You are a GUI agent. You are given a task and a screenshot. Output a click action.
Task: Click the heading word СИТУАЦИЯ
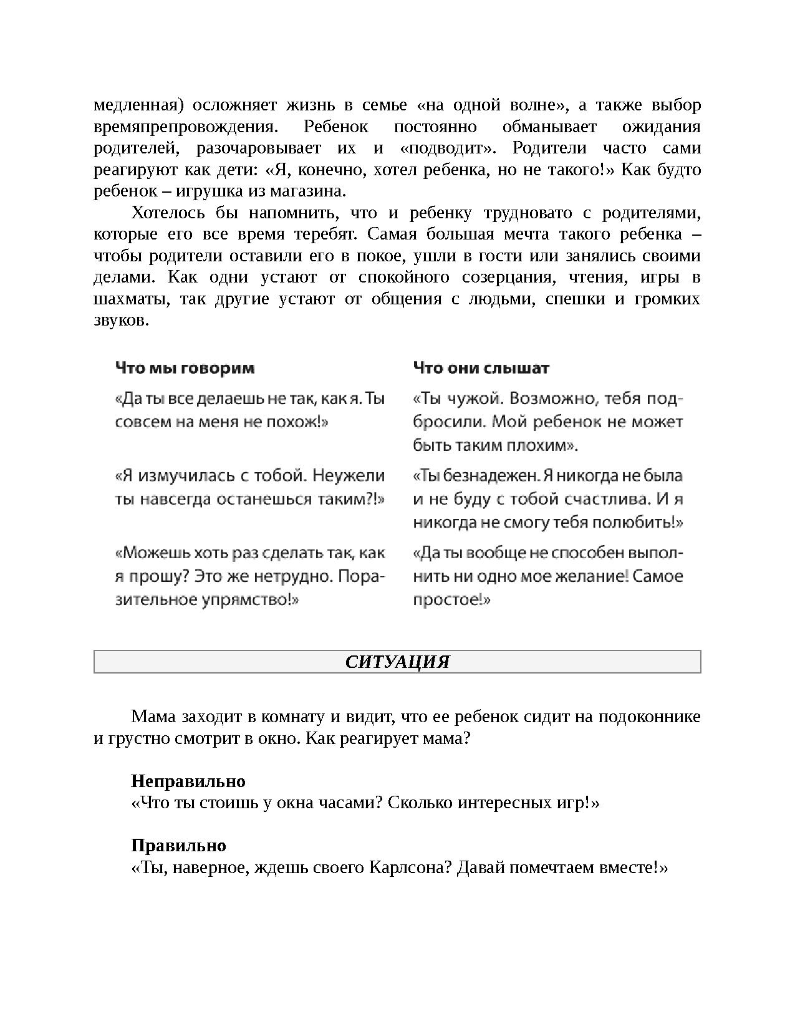pos(397,662)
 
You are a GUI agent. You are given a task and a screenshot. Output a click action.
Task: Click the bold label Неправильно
pos(188,781)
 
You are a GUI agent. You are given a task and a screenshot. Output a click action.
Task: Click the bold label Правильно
pos(178,846)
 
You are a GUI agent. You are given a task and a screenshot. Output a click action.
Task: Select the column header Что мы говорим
pos(185,368)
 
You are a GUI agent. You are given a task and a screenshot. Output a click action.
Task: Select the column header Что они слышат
pos(481,368)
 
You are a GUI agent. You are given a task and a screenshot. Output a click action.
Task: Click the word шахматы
pos(130,299)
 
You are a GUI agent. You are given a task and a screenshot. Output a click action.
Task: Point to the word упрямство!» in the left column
pos(259,600)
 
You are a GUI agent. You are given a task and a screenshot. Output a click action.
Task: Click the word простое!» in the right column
pos(451,600)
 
